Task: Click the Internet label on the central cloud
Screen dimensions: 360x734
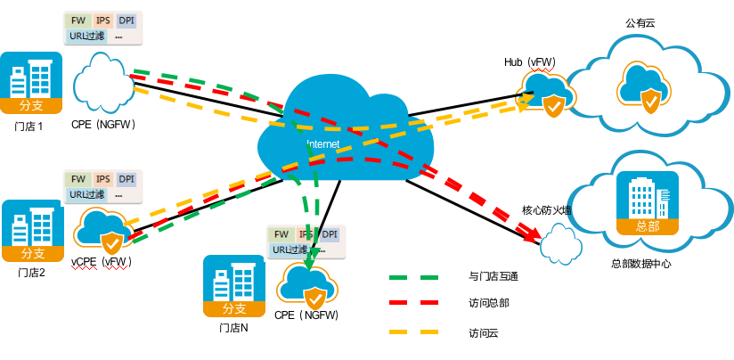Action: (323, 143)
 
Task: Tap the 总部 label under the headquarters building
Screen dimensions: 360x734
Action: (648, 226)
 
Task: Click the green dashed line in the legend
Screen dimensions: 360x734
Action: (413, 278)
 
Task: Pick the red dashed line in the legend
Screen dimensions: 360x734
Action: (413, 303)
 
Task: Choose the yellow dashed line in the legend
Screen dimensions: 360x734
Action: (413, 331)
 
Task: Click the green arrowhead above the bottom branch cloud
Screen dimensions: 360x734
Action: (310, 264)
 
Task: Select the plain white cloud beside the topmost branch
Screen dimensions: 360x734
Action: (104, 83)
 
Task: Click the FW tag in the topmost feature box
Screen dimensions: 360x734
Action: (78, 20)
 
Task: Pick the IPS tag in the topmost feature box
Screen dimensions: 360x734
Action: (103, 20)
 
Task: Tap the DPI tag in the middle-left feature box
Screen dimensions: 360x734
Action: (126, 179)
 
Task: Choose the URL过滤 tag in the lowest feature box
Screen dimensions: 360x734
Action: (290, 250)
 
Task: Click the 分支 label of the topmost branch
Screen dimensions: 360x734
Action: (31, 105)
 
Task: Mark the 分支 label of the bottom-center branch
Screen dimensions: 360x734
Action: (234, 308)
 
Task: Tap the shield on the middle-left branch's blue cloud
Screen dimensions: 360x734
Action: (111, 242)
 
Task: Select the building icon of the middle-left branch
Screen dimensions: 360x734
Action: (32, 225)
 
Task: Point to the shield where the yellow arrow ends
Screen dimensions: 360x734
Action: (553, 107)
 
